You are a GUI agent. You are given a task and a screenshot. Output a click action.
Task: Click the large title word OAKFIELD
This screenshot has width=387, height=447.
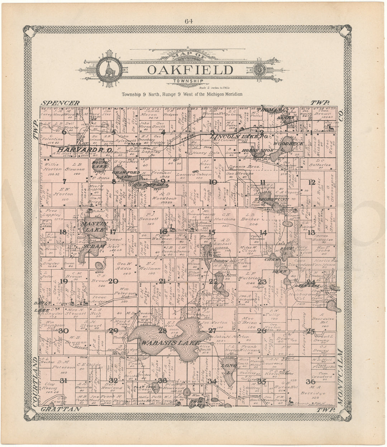[191, 69]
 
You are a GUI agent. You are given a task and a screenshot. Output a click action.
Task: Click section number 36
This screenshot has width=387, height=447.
[311, 381]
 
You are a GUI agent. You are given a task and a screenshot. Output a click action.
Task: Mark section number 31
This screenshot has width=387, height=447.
[63, 380]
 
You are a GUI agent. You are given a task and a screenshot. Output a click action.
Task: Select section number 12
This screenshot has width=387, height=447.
[312, 182]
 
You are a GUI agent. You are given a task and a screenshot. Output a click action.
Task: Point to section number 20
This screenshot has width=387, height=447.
[113, 282]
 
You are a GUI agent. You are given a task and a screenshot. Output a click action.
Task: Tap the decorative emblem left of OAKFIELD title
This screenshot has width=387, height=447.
[107, 69]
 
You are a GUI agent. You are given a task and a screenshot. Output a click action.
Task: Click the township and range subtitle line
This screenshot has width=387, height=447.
[182, 94]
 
